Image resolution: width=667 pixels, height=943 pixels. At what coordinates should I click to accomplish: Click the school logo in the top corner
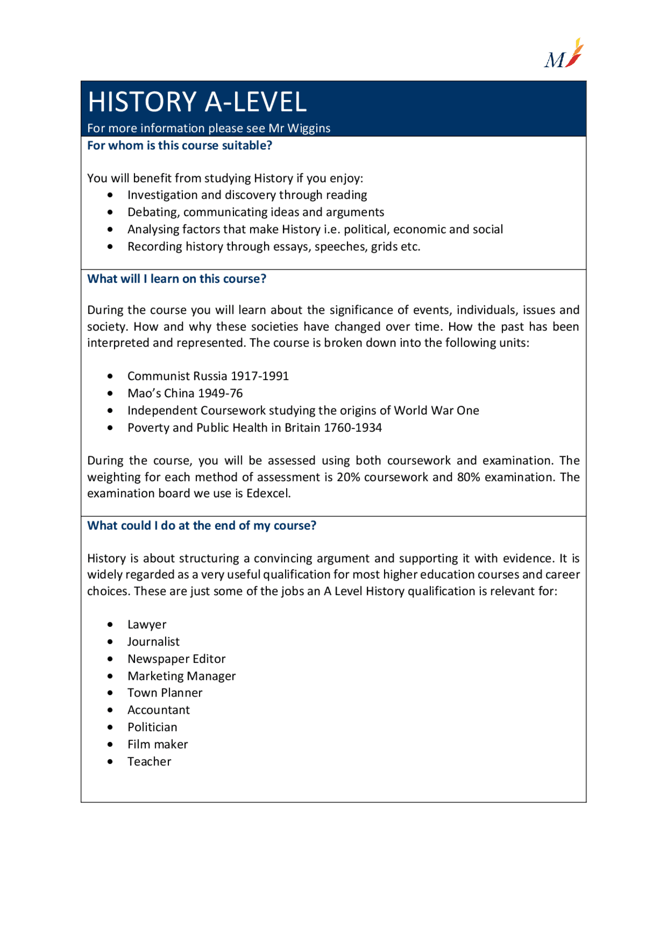tap(564, 54)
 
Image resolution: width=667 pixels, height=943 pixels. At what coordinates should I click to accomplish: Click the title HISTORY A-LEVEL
tap(197, 102)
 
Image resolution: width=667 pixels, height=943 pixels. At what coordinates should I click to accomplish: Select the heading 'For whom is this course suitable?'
tap(179, 146)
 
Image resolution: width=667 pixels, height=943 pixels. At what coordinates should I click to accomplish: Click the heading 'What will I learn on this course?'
tap(177, 279)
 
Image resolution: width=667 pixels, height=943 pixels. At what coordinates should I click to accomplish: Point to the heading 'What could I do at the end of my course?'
tap(202, 526)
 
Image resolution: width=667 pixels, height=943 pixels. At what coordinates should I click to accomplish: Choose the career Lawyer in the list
tap(147, 625)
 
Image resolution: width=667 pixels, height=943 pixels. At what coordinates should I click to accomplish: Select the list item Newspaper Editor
tap(176, 659)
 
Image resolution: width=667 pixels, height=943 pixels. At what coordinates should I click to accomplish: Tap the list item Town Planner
tap(165, 693)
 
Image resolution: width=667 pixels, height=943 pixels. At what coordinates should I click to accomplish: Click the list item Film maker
tap(157, 745)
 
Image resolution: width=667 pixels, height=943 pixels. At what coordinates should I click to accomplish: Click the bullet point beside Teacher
tap(110, 762)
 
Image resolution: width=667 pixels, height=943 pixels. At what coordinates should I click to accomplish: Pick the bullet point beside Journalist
tap(110, 642)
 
